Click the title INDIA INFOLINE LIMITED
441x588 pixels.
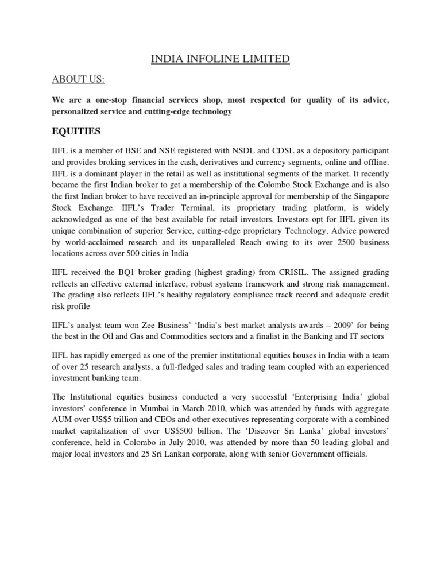(220, 59)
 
